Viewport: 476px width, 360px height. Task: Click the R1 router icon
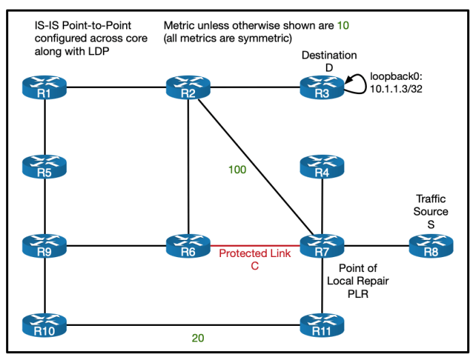[44, 88]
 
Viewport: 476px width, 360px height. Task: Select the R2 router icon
[188, 88]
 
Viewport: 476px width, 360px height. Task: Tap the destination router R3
[322, 88]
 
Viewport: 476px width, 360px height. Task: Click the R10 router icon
[44, 323]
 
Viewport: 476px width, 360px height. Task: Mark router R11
[322, 323]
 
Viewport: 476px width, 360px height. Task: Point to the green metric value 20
[198, 337]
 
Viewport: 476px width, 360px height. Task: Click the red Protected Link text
[254, 254]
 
